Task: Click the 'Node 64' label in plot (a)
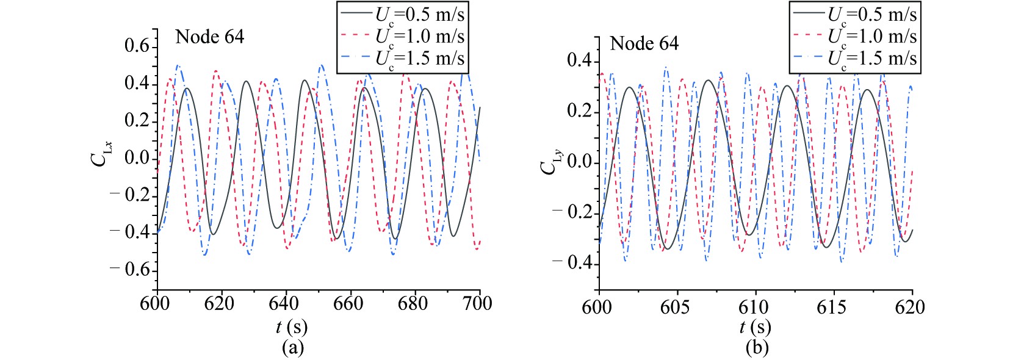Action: coord(209,37)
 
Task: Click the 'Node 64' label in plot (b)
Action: coord(644,44)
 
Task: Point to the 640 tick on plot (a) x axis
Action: coord(284,303)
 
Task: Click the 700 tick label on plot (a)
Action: coord(477,303)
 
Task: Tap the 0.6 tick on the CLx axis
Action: coord(137,46)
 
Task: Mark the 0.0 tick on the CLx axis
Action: coord(137,157)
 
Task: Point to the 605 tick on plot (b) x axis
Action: coord(675,306)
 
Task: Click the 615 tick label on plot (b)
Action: coord(832,306)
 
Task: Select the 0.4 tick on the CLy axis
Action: coord(580,60)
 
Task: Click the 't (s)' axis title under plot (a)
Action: coord(292,328)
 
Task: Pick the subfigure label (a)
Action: coord(292,348)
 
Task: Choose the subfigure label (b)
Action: coord(757,348)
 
